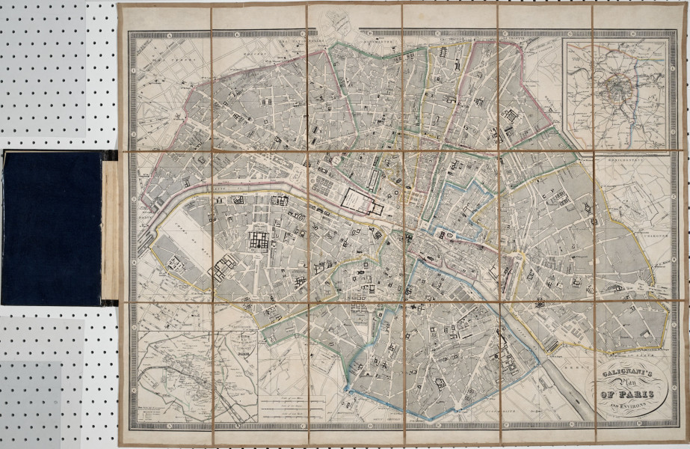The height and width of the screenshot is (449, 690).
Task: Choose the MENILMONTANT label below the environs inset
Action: pos(635,159)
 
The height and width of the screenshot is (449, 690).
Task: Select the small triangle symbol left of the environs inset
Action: pos(552,109)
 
